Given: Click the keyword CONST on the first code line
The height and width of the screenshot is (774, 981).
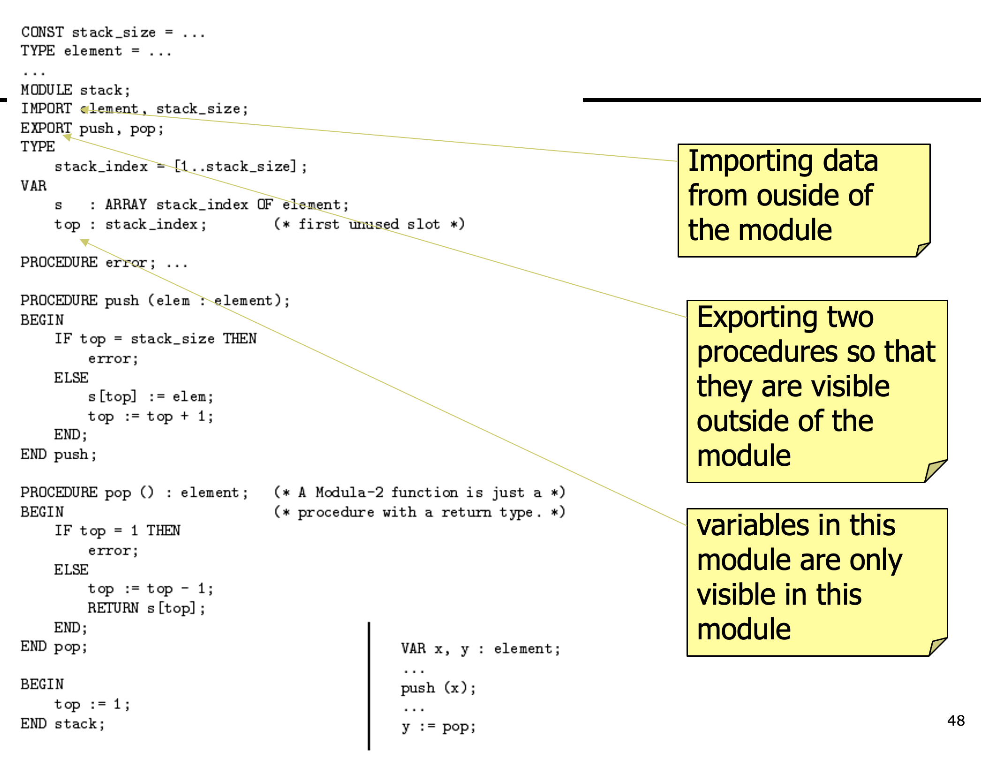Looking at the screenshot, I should pos(42,32).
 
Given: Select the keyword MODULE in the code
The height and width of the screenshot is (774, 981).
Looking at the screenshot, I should pos(46,90).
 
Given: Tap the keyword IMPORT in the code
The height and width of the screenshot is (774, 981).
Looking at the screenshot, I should pos(46,109).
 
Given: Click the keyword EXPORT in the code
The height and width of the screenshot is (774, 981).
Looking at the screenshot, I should pos(46,128).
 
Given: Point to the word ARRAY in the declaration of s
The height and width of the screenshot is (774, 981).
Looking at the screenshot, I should pos(126,205).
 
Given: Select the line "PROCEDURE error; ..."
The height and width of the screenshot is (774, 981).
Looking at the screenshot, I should pos(104,263).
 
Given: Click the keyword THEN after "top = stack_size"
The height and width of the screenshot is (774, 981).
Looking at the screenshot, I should pos(240,339).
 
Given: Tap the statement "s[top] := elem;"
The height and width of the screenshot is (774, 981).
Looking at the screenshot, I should pos(151,397).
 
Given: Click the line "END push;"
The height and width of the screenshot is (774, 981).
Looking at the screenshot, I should pos(59,455).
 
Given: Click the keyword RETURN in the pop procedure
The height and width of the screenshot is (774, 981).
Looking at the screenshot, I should pos(113,608).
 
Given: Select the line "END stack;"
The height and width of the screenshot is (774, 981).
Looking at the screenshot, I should pos(62,724).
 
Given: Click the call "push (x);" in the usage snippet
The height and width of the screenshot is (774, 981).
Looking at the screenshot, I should pos(438,688).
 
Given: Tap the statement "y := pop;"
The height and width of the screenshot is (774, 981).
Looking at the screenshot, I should pos(438,727).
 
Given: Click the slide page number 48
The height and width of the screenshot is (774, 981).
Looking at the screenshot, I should pos(956,721).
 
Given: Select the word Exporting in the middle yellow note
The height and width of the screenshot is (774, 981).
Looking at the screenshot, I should pos(756,318).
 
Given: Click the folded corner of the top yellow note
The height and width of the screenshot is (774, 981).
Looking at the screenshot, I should pos(922,249).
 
